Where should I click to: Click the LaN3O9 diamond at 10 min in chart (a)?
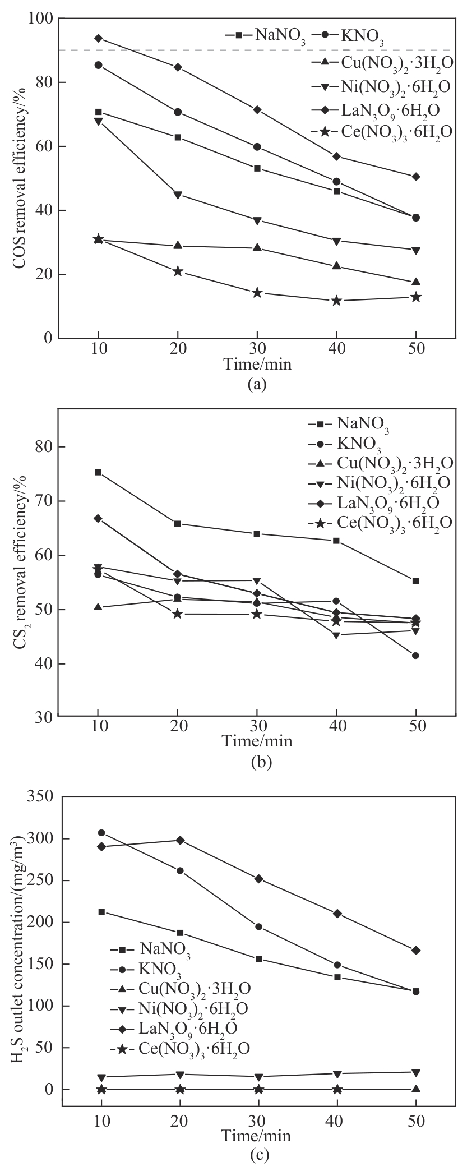99,38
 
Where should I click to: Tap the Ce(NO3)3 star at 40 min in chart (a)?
336,301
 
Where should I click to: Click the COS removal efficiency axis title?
21,178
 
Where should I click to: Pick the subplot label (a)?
257,384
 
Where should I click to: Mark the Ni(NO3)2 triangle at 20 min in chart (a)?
178,195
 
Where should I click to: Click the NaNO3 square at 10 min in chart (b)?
98,472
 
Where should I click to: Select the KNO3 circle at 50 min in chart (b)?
415,655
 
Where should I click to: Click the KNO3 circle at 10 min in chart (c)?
101,833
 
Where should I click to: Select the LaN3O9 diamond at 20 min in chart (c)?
180,840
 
